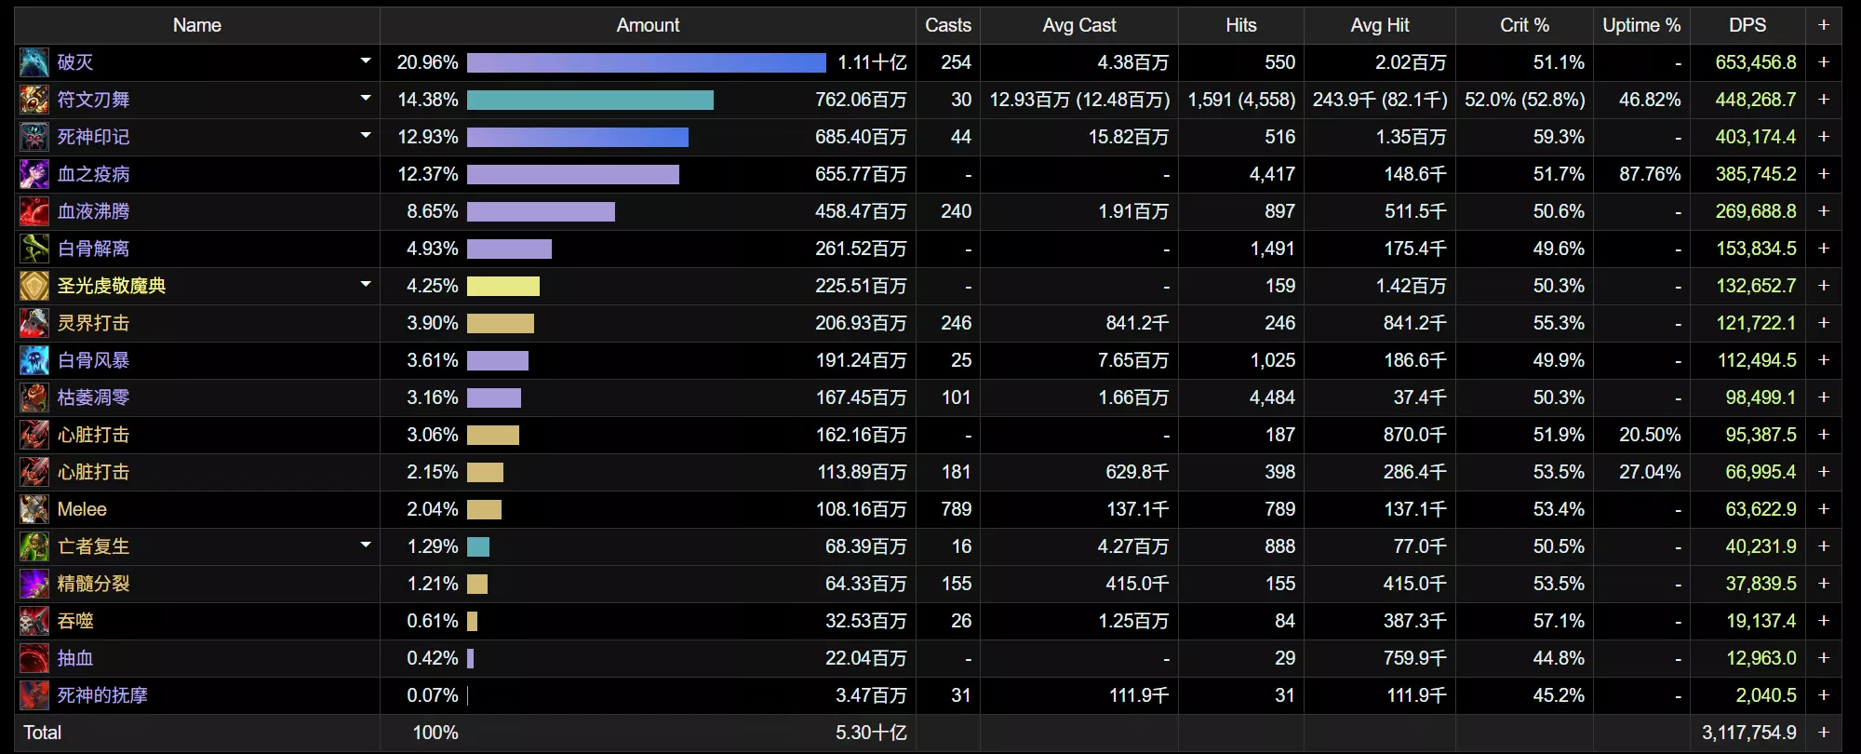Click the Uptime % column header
[1641, 25]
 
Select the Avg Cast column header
[1078, 25]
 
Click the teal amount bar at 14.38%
[590, 100]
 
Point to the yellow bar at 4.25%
[503, 286]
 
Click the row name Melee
[82, 509]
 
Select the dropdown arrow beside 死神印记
[366, 136]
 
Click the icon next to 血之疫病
[34, 174]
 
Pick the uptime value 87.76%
[1649, 174]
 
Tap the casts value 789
[956, 509]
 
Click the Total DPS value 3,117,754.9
[1748, 733]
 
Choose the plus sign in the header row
[1824, 25]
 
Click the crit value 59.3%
[1559, 137]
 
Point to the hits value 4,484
[1272, 397]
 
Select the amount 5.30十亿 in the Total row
[870, 733]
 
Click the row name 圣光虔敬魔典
[112, 286]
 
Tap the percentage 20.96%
[427, 62]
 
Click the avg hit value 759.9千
[1414, 658]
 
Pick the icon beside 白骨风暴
[34, 360]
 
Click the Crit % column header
[1524, 25]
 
